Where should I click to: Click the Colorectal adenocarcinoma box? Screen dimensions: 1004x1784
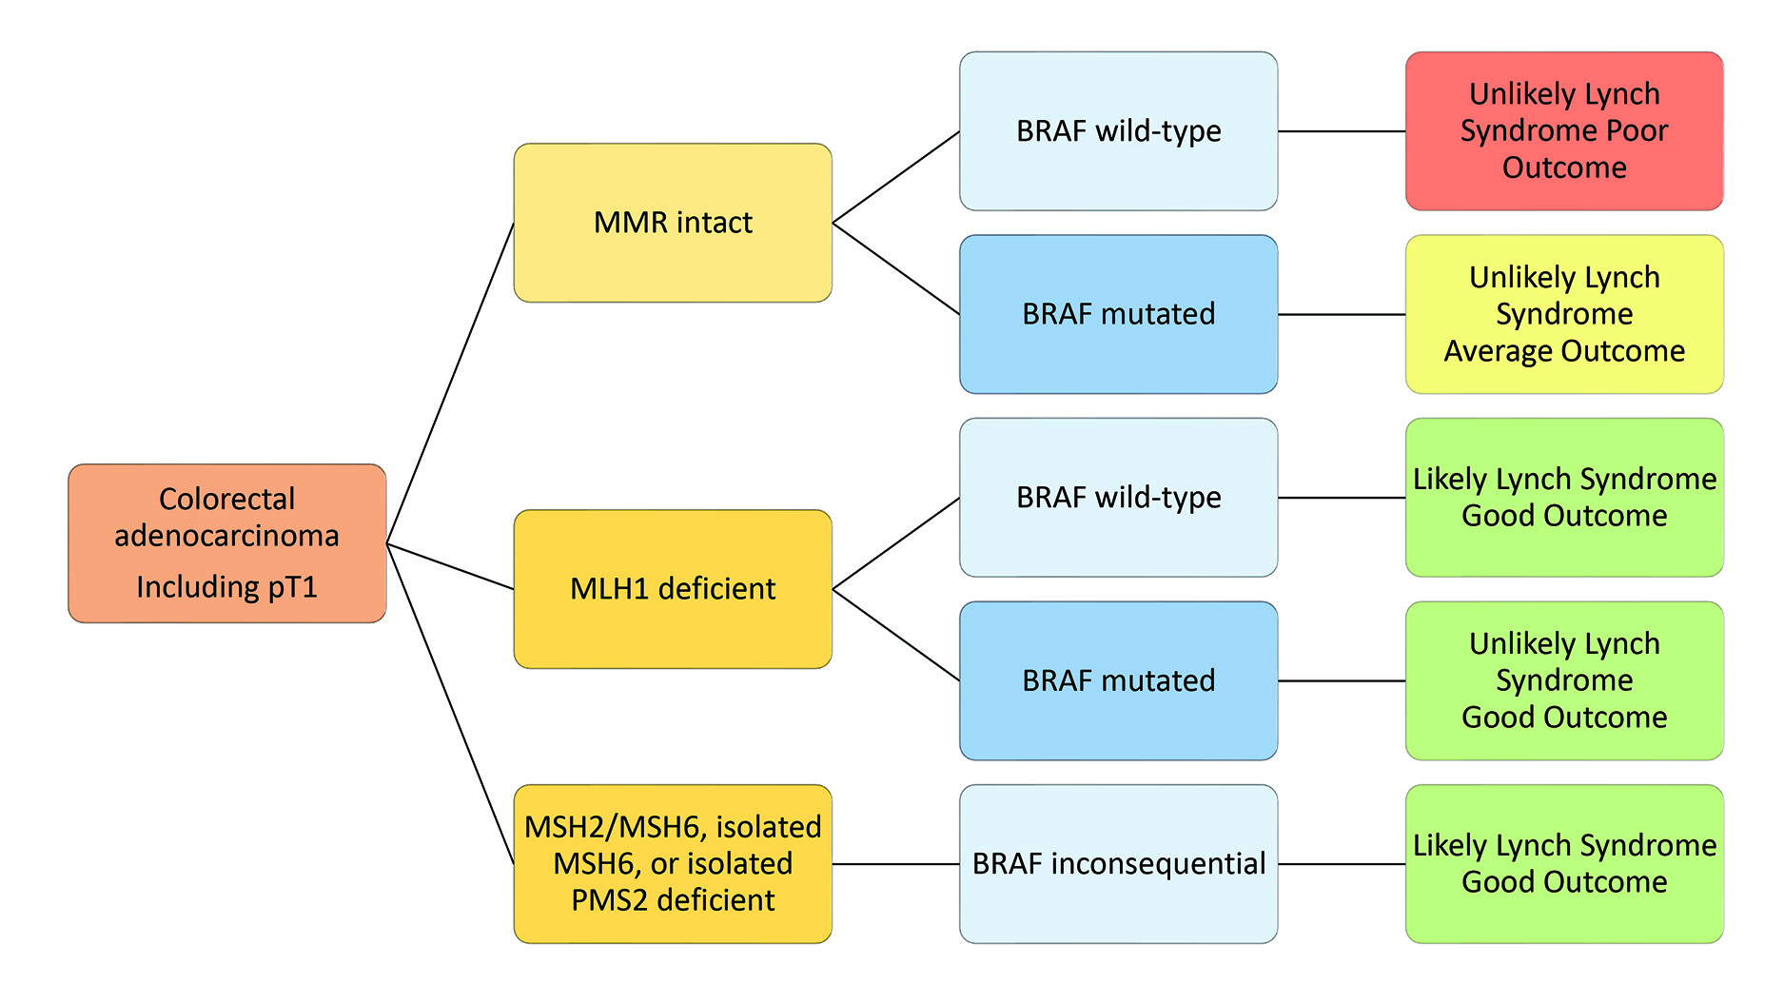point(226,543)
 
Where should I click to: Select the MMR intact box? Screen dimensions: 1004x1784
point(673,223)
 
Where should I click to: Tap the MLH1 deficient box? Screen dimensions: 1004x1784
point(673,589)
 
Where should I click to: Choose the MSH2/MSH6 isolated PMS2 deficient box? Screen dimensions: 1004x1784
point(673,863)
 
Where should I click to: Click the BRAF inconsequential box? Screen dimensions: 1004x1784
point(1118,863)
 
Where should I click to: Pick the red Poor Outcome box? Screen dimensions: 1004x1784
point(1564,131)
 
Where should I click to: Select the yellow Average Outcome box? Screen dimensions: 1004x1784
point(1564,314)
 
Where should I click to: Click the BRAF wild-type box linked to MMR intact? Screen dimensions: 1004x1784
point(1118,131)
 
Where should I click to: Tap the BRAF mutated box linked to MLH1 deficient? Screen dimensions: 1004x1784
point(1118,680)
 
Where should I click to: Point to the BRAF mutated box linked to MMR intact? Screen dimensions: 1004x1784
point(1118,314)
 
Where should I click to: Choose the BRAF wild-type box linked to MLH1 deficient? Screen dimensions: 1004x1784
point(1118,498)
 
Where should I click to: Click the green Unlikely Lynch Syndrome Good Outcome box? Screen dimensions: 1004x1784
point(1564,680)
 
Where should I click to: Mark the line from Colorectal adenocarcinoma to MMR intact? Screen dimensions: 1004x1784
point(450,384)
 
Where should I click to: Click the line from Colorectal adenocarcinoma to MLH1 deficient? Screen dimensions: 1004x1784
point(450,566)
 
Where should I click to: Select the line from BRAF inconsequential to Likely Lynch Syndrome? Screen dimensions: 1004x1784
point(1342,864)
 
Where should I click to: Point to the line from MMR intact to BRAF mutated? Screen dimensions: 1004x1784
point(895,268)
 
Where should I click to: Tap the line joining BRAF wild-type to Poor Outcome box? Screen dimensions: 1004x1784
point(1342,131)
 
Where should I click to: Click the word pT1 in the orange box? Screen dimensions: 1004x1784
point(292,587)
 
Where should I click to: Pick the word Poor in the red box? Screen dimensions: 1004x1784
point(1639,131)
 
